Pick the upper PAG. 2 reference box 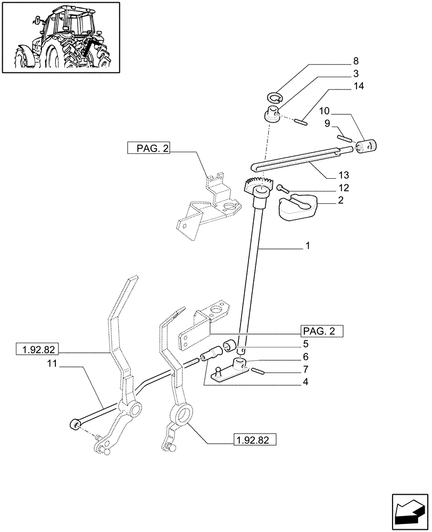[148, 148]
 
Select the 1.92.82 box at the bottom [254, 439]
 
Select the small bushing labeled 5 [230, 346]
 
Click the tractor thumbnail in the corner [60, 37]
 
